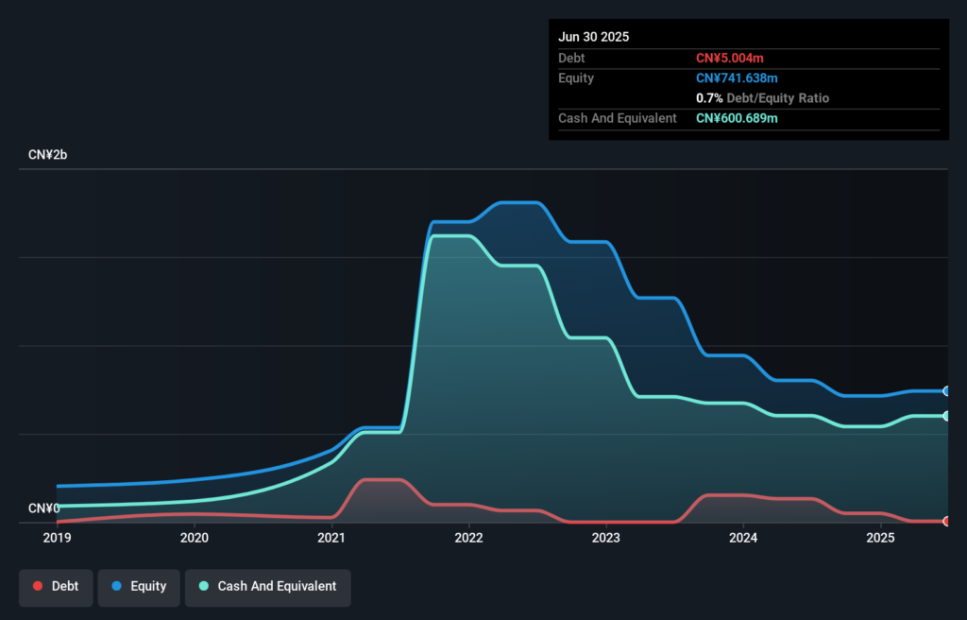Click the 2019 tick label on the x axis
pos(57,538)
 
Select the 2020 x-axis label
pos(194,538)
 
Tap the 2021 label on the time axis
pos(331,538)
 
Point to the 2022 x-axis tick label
pos(468,538)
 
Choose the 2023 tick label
pos(605,538)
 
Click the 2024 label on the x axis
pos(743,538)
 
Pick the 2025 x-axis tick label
pos(880,538)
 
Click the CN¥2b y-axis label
pos(48,154)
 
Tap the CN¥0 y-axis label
pos(44,508)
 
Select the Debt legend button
pos(56,586)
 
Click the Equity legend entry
pos(139,586)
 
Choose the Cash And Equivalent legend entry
pos(267,586)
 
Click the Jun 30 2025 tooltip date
pos(593,37)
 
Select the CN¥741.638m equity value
pos(737,77)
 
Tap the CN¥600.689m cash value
pos(737,118)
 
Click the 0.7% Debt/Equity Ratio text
pos(763,98)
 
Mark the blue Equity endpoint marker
pos(946,390)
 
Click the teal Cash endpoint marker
pos(946,416)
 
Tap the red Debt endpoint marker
pos(946,521)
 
